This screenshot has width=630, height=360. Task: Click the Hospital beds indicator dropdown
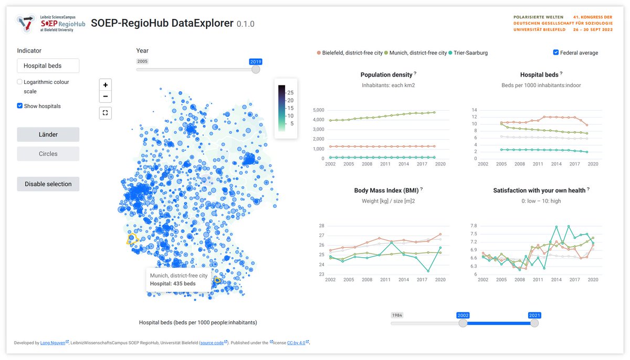pos(48,66)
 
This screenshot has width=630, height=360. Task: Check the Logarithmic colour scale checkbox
pos(20,82)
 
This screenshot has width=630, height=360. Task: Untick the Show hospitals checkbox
pos(20,106)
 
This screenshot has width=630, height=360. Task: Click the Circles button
pos(48,154)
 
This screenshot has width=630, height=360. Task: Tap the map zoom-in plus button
pos(106,85)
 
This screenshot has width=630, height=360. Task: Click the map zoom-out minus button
pos(106,97)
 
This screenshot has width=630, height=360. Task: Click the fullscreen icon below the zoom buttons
pos(106,112)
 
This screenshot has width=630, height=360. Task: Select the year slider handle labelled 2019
pos(256,69)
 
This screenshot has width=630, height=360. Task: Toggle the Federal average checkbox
pos(556,52)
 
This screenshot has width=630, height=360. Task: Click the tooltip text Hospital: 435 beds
pos(173,284)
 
